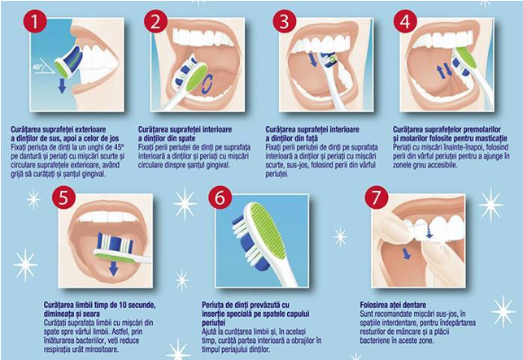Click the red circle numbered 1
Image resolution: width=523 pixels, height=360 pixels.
point(35,21)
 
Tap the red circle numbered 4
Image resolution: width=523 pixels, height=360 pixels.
point(405,21)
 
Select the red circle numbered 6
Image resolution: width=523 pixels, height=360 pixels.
point(220,198)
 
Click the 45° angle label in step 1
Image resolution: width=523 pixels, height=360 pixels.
point(37,67)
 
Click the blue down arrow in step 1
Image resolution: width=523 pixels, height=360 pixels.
point(62,85)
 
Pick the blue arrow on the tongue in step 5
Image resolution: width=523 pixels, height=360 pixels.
point(114,267)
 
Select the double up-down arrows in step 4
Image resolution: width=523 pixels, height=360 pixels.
point(445,72)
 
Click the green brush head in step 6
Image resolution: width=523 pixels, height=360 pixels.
point(265,230)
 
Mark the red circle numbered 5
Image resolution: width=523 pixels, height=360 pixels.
point(63,197)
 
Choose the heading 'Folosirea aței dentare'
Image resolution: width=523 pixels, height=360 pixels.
point(393,305)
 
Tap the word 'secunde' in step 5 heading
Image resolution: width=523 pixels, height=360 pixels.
point(141,305)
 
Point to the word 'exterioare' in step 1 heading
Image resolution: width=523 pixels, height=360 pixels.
point(90,129)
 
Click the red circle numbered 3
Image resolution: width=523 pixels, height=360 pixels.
point(284,21)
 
